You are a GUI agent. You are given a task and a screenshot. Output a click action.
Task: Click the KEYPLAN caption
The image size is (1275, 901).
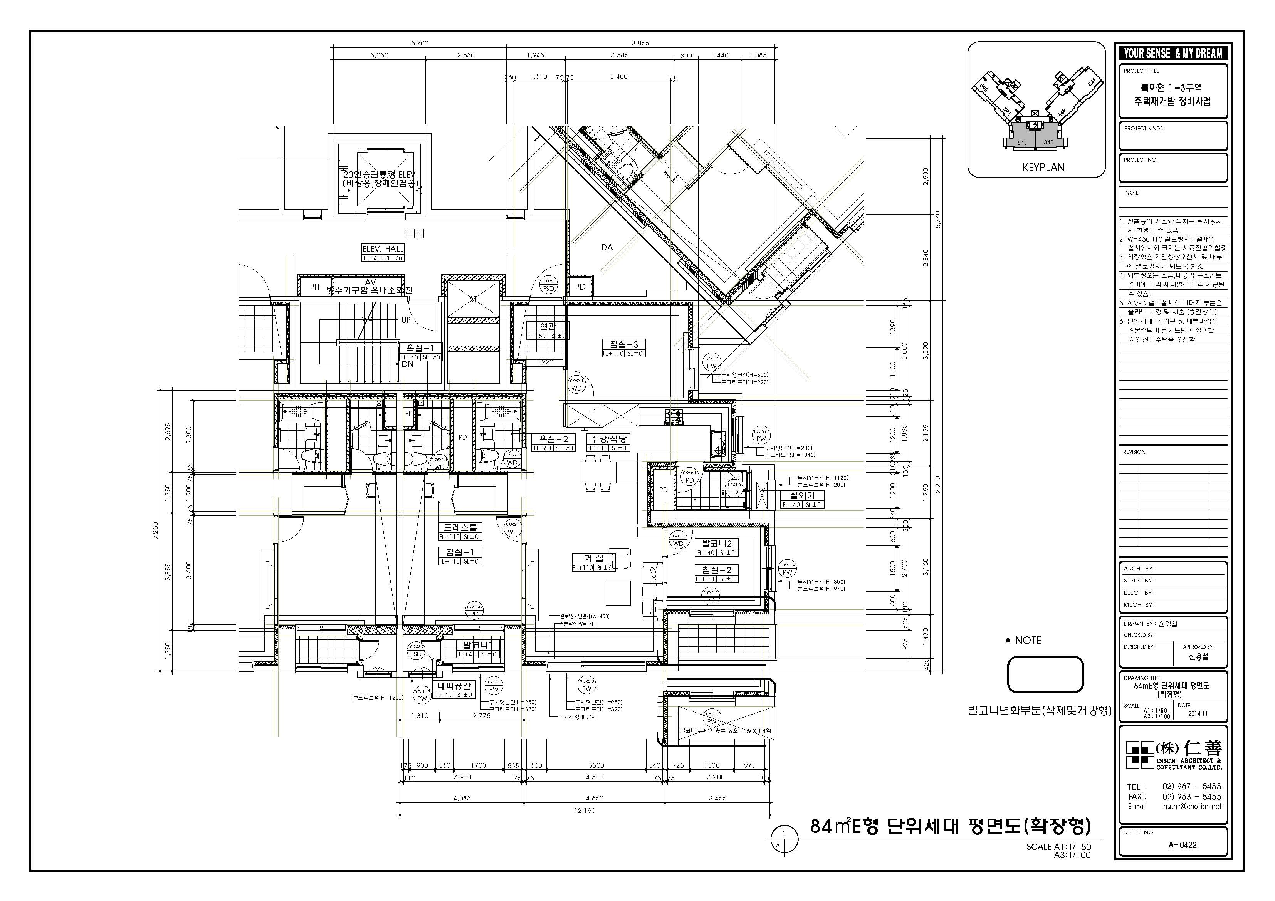click(1043, 167)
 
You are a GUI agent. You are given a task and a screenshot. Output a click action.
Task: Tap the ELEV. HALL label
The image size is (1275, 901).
click(383, 249)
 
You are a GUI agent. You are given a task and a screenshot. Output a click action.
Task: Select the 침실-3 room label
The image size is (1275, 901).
click(623, 344)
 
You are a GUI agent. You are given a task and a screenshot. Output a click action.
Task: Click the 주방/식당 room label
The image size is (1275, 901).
click(608, 439)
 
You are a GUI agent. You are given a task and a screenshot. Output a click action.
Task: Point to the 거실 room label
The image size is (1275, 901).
click(593, 559)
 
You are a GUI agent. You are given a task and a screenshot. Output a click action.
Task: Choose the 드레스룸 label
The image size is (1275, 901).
click(460, 527)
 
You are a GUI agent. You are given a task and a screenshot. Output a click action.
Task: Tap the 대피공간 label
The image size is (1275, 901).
click(453, 686)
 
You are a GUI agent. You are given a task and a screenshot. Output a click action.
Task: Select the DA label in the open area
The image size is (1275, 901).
click(607, 248)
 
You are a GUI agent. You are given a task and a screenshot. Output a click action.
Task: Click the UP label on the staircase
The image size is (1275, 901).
click(406, 320)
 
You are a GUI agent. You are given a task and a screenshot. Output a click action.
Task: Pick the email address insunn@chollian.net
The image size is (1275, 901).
click(1192, 807)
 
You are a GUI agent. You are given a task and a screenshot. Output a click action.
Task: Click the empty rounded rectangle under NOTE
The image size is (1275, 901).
click(1045, 674)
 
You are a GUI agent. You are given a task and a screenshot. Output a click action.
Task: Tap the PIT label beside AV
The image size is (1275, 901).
click(315, 287)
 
